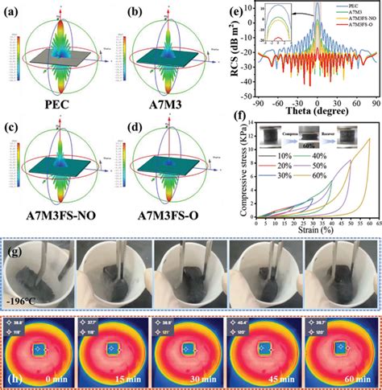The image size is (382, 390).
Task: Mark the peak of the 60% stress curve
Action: [369, 139]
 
